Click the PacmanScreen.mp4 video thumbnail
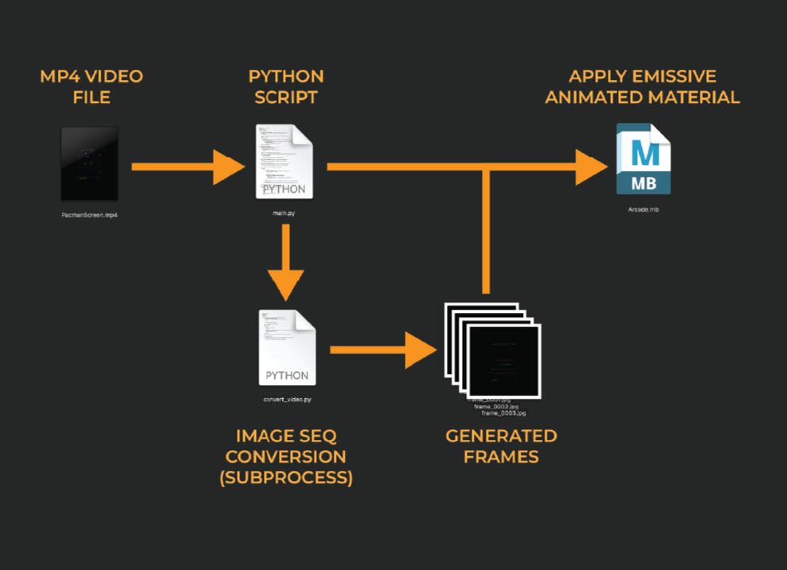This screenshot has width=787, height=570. [90, 163]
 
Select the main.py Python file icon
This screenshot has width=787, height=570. [284, 162]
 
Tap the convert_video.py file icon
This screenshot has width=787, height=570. [287, 347]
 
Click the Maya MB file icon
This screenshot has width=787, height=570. [644, 159]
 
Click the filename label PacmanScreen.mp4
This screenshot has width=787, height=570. [90, 215]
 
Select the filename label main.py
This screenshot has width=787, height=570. [284, 213]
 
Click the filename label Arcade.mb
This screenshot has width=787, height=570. [644, 211]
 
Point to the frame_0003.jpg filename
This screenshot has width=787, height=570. [504, 413]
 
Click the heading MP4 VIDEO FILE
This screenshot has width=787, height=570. [91, 86]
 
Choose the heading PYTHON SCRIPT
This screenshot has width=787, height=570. [286, 86]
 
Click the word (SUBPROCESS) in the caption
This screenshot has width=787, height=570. [286, 478]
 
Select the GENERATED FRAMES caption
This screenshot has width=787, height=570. [501, 446]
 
